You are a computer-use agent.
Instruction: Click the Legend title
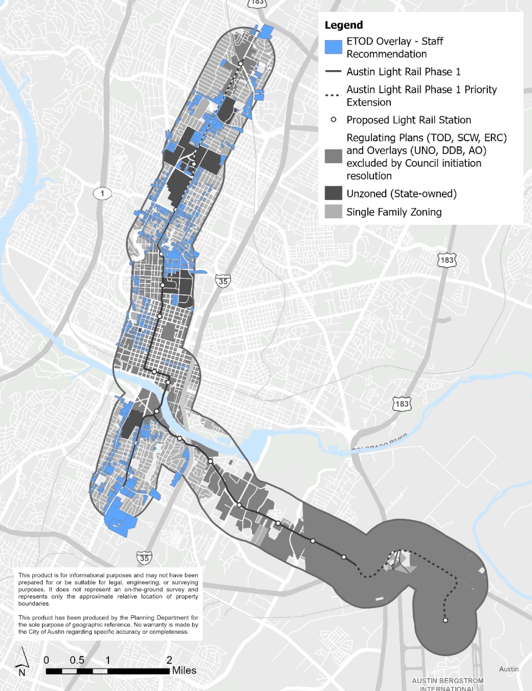tap(344, 25)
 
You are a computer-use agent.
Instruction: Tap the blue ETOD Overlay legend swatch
tap(333, 47)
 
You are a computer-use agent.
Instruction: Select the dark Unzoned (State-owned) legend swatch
tap(333, 193)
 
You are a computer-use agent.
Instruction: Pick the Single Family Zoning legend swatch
tap(333, 212)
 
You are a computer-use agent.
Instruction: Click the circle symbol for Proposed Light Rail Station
tap(333, 119)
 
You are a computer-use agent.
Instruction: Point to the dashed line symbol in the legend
tap(333, 95)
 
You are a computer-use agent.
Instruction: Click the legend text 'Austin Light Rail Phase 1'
tap(403, 72)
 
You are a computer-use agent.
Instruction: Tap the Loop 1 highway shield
tap(102, 194)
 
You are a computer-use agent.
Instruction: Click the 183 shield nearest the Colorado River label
tap(402, 404)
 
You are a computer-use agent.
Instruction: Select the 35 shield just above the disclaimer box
tap(144, 558)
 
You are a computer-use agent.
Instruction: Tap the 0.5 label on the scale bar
tap(77, 660)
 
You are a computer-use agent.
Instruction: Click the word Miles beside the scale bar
tap(184, 670)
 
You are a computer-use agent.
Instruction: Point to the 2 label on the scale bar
tap(169, 660)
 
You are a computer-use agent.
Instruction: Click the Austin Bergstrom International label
tap(447, 684)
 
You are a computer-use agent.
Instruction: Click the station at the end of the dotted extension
tap(446, 620)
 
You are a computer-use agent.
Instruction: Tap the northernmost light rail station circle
tap(241, 64)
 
